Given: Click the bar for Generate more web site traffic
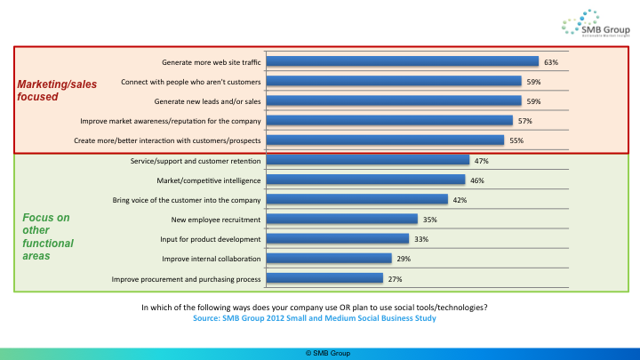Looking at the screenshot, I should point(403,62).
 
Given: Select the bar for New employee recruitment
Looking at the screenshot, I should point(342,219).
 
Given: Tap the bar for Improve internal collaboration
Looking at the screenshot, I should point(329,259).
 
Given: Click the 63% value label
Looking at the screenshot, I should point(551,62).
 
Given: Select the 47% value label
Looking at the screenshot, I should point(483,161).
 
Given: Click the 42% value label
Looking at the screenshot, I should point(460,200).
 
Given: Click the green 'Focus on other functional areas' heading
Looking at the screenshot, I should point(48,236).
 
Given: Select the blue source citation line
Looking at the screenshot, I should point(314,317).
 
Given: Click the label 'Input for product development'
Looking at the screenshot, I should point(210,238).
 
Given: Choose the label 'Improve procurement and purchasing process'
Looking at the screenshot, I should point(186,279).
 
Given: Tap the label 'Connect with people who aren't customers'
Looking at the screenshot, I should point(191,82).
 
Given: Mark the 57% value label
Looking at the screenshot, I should point(525,121).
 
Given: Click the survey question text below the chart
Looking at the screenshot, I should point(314,307).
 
